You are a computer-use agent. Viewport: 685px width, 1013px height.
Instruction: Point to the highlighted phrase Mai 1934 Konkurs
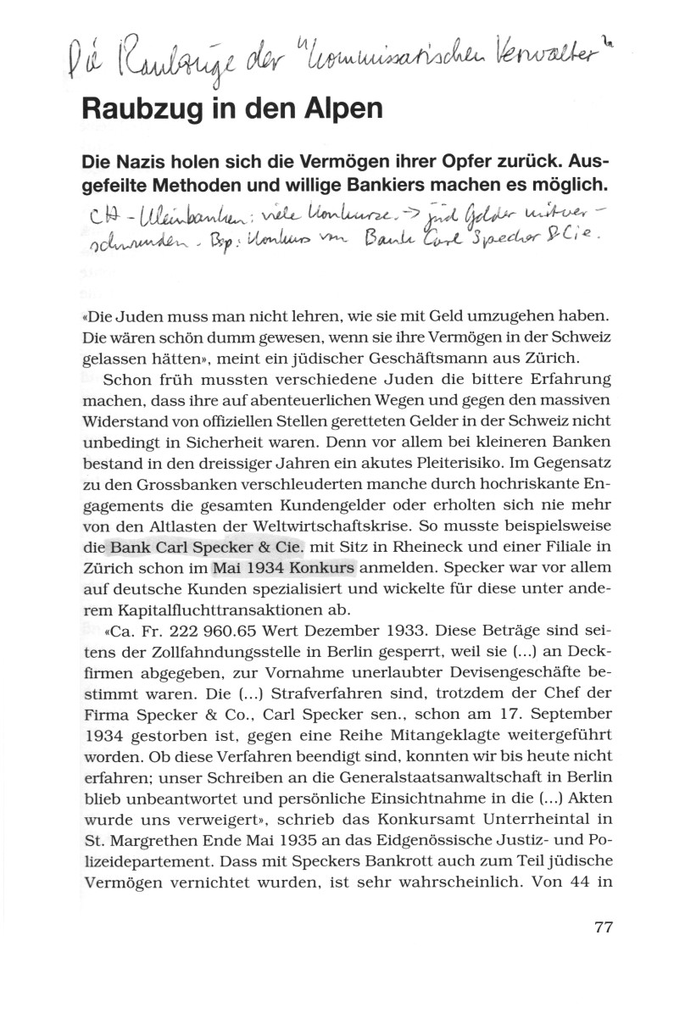[x=284, y=566]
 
